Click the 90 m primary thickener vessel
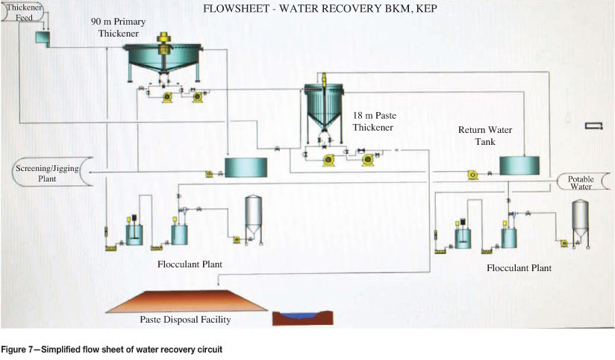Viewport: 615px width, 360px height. [163, 56]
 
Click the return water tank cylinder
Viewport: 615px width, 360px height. [519, 166]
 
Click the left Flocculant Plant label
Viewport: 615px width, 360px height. [190, 264]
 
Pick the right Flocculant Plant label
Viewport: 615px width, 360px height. [519, 267]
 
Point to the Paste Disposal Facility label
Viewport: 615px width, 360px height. [185, 320]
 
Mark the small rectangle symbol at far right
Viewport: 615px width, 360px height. [594, 126]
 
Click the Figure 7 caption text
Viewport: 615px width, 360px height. [111, 349]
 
